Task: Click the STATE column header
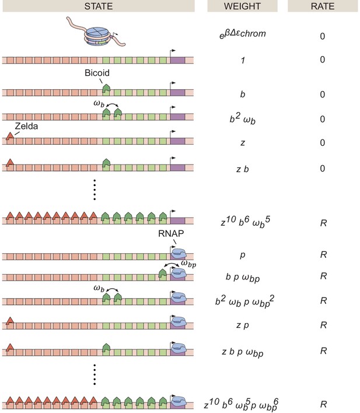98,6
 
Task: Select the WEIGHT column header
242,6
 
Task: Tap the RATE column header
323,6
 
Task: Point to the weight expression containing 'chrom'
243,34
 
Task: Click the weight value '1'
243,60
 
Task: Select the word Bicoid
97,73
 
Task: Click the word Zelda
26,126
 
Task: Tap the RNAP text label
171,233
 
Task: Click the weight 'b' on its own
243,94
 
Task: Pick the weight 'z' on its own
243,143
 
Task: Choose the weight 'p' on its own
243,255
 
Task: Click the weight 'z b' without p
243,169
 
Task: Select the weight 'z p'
243,325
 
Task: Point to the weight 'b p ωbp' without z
243,278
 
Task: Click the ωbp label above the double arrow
188,264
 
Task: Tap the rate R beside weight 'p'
323,254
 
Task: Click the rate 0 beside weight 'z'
322,142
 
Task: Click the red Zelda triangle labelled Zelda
10,136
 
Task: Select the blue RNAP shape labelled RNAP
179,253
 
